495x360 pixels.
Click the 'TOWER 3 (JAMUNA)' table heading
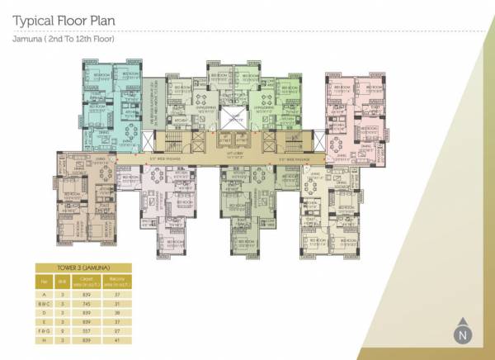[85, 268]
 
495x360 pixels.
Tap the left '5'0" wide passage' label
[164, 158]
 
